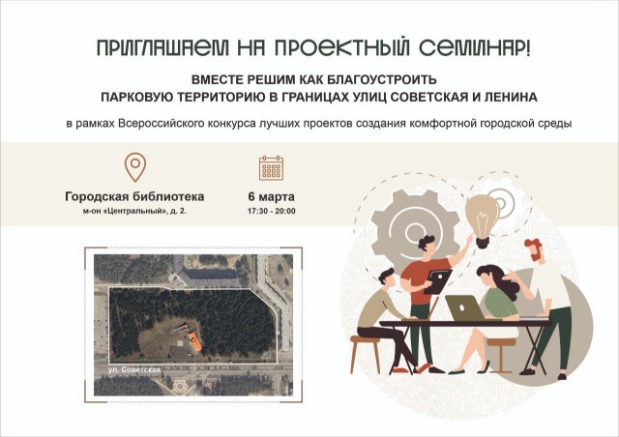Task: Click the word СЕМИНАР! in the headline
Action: (475, 48)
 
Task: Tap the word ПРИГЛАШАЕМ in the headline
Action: (163, 48)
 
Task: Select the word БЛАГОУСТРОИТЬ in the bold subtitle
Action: (383, 79)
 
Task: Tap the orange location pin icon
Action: (135, 167)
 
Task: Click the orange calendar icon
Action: (271, 168)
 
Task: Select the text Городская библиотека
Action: (134, 196)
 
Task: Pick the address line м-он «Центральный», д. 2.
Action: (134, 211)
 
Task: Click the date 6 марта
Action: (271, 196)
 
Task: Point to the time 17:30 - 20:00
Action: (271, 211)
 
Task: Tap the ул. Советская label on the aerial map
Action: (134, 369)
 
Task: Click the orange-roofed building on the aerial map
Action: (194, 342)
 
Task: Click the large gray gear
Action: (415, 230)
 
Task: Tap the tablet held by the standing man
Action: (438, 281)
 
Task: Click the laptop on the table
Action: (465, 308)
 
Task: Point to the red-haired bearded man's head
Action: (533, 249)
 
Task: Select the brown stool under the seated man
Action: (366, 355)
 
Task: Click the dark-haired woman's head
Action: (489, 275)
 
